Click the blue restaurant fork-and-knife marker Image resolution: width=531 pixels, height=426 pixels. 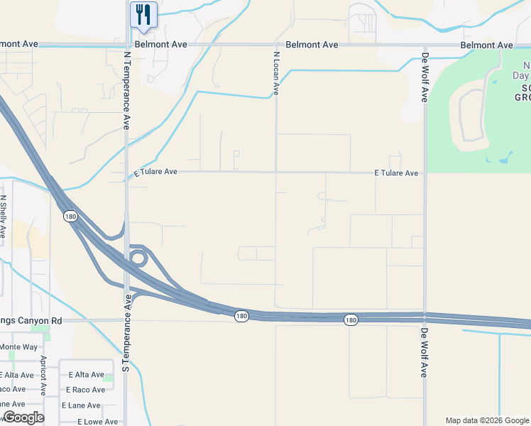[x=143, y=15]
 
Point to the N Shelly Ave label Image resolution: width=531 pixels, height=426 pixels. [x=4, y=217]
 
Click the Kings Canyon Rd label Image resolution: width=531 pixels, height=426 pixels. [x=31, y=321]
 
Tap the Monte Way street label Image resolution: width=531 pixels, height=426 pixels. [x=18, y=346]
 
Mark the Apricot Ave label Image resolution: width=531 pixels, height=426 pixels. [x=43, y=376]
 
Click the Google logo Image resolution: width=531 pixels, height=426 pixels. [x=23, y=417]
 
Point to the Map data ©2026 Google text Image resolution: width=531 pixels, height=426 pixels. [x=486, y=420]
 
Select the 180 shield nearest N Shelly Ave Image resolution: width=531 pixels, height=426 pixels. [x=70, y=216]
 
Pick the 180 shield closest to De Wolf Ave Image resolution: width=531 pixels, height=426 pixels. [x=351, y=320]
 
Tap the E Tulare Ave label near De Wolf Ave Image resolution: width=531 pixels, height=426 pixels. [x=396, y=173]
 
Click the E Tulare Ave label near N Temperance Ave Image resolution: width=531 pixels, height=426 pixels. [x=155, y=172]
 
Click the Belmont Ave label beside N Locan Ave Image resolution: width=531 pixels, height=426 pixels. [x=312, y=45]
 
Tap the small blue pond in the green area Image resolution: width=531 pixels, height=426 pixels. [x=505, y=158]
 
